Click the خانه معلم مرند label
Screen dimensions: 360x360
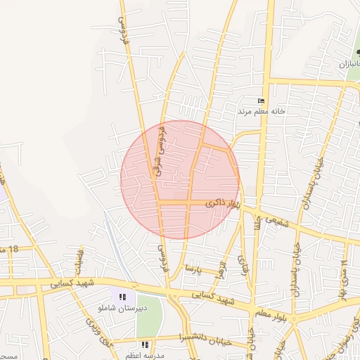pos(261,111)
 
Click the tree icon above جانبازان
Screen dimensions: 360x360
pos(359,51)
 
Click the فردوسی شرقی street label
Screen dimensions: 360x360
pos(162,150)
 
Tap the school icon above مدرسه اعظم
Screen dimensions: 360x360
pos(145,345)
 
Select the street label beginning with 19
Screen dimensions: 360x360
pos(345,272)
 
